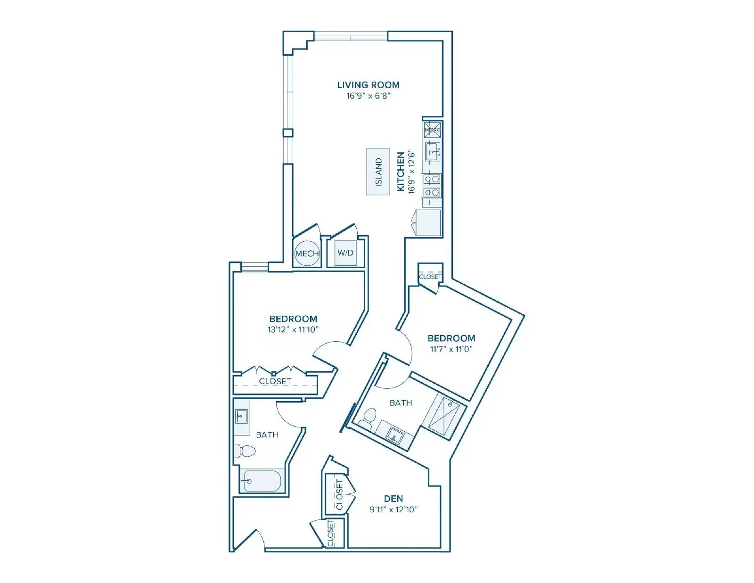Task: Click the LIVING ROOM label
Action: point(368,85)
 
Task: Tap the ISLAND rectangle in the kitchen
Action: point(378,172)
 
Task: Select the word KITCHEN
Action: point(401,172)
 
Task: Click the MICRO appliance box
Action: point(432,130)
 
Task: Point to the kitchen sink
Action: point(433,152)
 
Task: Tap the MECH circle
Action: point(307,254)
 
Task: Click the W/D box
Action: point(345,253)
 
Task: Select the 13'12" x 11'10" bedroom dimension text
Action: point(293,329)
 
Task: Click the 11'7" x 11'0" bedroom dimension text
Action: point(451,349)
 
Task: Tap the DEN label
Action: point(393,499)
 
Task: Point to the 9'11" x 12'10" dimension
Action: point(393,509)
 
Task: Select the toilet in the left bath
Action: point(245,451)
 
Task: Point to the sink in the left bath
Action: point(241,416)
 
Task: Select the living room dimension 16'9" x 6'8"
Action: point(369,96)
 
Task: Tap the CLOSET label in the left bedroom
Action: point(275,381)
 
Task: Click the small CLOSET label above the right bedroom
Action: point(430,277)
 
